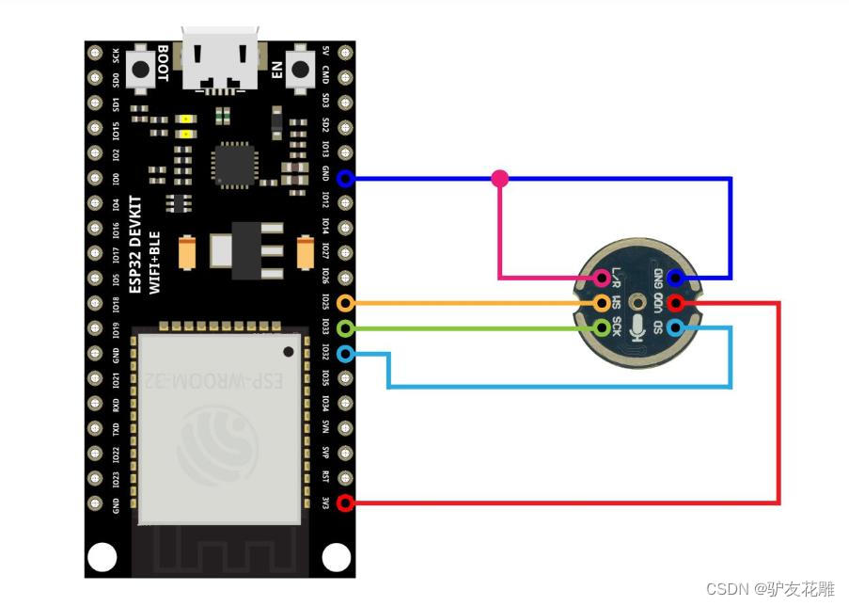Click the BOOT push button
click(143, 69)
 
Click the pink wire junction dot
click(500, 178)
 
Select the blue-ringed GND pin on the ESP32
click(345, 178)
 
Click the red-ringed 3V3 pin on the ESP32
click(345, 503)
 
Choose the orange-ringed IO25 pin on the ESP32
click(345, 303)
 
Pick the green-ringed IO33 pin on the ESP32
click(345, 328)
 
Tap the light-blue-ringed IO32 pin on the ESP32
click(345, 354)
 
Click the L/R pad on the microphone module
click(602, 278)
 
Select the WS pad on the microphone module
click(602, 303)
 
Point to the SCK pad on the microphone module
click(602, 328)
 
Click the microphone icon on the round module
click(638, 328)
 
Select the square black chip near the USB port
click(231, 164)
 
